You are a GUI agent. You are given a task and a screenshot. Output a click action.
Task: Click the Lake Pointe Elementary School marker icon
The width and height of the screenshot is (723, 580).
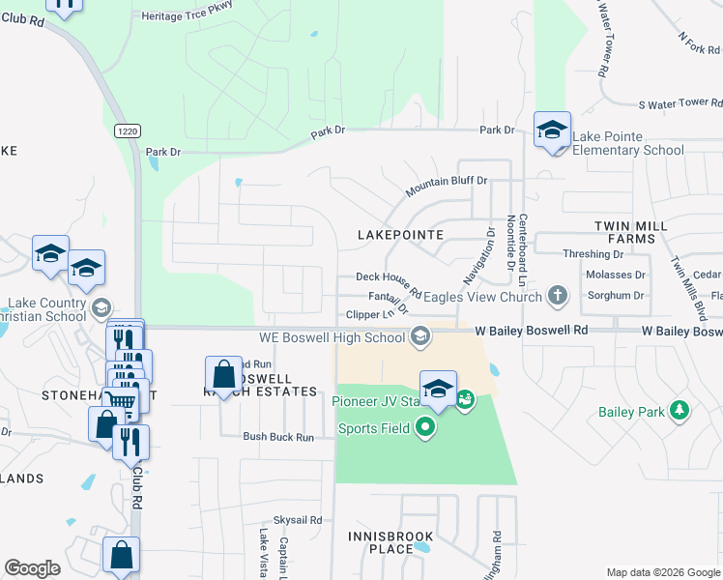pos(552,130)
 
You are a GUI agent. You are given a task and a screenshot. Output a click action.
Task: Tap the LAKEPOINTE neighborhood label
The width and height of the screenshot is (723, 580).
pos(400,235)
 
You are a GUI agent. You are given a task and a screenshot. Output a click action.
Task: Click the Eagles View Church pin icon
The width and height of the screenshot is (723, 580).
pos(557,296)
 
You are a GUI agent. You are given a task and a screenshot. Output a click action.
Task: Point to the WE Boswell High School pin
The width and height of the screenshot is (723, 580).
pos(419,337)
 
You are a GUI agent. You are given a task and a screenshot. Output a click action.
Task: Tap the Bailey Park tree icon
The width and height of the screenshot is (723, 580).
pos(680,412)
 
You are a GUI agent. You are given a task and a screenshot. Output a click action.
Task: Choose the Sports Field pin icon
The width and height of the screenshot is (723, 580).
pos(423,426)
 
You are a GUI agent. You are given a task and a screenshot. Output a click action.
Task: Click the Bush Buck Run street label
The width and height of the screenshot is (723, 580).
pos(278,437)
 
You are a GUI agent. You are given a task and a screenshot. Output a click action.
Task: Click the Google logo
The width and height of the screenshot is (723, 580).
pos(32,568)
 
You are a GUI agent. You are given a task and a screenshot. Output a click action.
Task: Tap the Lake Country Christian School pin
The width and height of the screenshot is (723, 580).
pos(100,308)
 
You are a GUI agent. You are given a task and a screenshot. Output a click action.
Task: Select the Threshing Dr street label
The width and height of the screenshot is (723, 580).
pos(593,254)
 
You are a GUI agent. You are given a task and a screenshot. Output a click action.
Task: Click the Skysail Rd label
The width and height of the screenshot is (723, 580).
pos(297,520)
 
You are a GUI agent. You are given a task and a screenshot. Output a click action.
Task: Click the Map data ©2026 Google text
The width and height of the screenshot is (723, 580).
pos(662,572)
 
